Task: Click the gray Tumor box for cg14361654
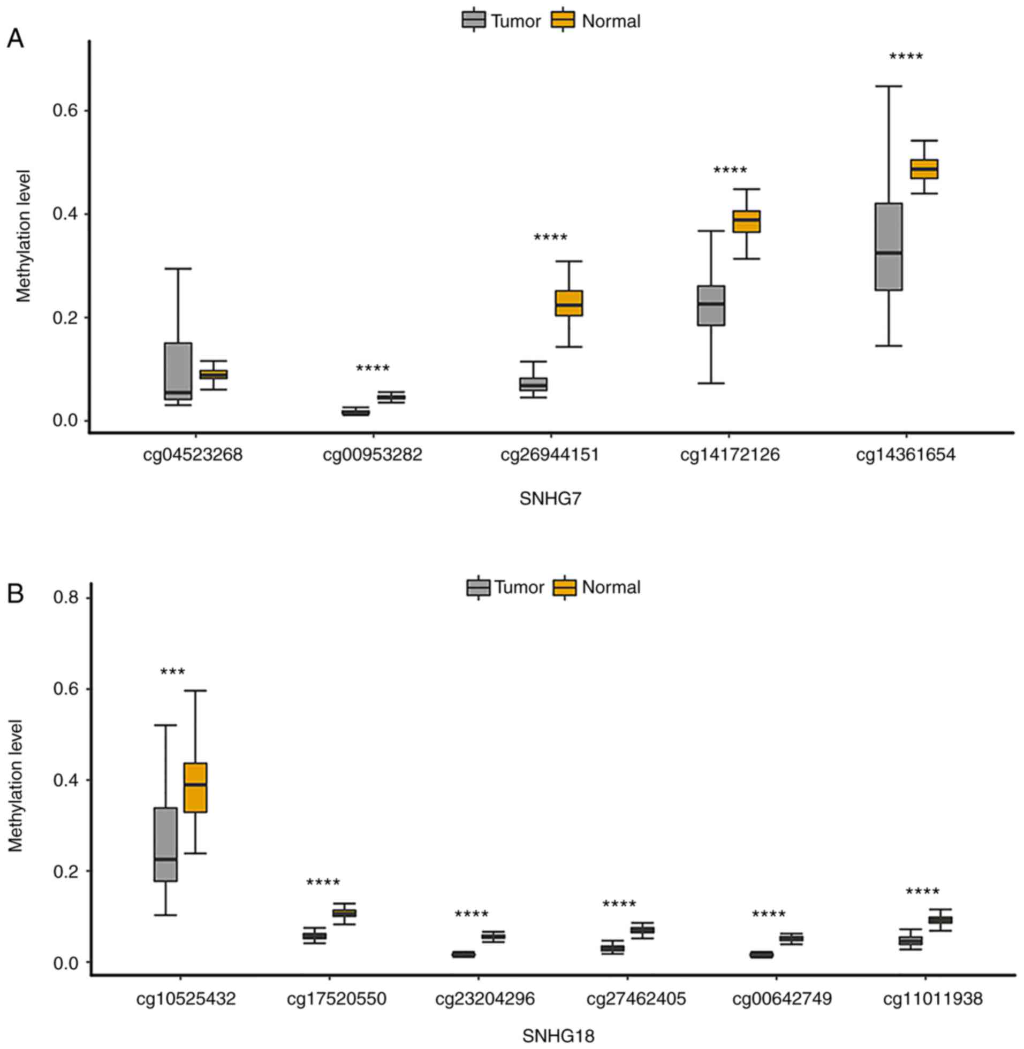(x=888, y=246)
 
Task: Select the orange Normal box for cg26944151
(x=569, y=303)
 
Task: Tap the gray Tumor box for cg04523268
(x=178, y=371)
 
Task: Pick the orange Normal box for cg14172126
(x=747, y=221)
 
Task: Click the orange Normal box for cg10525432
(x=195, y=787)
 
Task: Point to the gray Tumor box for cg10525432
(x=165, y=844)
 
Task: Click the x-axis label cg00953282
(x=372, y=455)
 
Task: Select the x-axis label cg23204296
(x=485, y=999)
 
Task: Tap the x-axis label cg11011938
(x=932, y=999)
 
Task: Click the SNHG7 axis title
(x=550, y=499)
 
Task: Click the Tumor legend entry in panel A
(x=501, y=21)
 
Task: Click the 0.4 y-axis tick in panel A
(x=64, y=215)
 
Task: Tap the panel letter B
(x=15, y=594)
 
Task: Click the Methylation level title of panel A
(x=23, y=236)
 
